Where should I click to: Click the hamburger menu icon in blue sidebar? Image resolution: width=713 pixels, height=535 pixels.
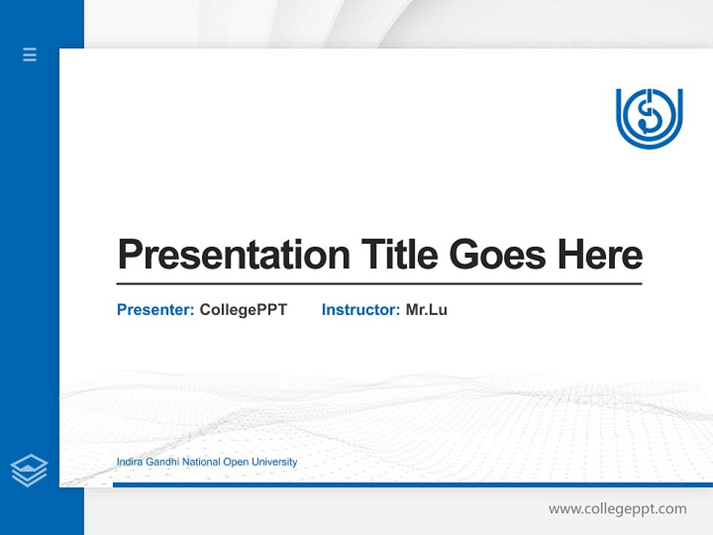point(30,54)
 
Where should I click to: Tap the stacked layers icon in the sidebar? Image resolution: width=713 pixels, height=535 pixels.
point(29,470)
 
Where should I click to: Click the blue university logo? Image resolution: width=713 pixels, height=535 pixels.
point(648,118)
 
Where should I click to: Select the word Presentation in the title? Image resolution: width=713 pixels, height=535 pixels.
point(233,255)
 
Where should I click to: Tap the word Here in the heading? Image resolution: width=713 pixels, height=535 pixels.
point(600,255)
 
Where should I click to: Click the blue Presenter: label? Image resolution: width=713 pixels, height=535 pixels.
point(155,310)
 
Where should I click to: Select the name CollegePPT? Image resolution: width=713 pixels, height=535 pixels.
point(243,310)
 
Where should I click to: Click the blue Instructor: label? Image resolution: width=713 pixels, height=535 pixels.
point(360,310)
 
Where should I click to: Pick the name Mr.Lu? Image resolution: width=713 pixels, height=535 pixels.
point(426,310)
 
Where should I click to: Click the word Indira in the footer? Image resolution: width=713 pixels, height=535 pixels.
point(128,462)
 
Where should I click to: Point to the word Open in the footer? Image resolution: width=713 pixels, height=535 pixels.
point(236,462)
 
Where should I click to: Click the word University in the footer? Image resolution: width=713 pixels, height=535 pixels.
point(274,462)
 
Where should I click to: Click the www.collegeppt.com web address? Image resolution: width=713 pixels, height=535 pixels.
point(617,509)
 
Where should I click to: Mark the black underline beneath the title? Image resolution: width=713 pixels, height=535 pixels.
point(379,284)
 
